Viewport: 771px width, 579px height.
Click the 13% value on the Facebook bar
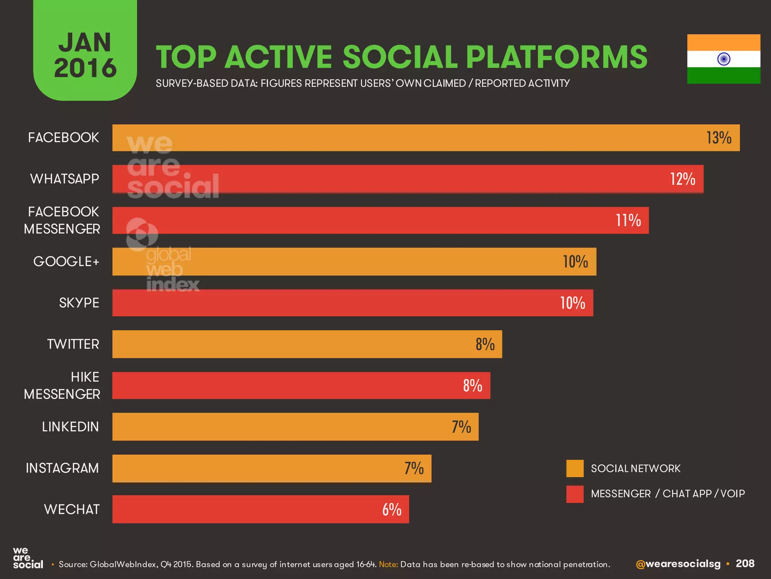pyautogui.click(x=719, y=138)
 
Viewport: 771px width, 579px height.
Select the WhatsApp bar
pyautogui.click(x=407, y=179)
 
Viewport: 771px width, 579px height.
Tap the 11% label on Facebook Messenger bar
pyautogui.click(x=628, y=221)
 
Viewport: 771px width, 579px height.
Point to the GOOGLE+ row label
pyautogui.click(x=66, y=261)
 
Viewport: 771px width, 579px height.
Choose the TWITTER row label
pyautogui.click(x=73, y=344)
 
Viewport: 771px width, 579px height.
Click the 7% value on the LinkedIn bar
pyautogui.click(x=461, y=427)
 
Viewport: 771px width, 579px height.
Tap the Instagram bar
pyautogui.click(x=264, y=468)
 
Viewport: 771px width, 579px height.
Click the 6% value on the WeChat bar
pyautogui.click(x=392, y=510)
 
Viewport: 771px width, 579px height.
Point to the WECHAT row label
pyautogui.click(x=72, y=509)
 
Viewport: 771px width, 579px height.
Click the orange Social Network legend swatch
pyautogui.click(x=575, y=469)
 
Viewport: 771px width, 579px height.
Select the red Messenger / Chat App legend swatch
pyautogui.click(x=575, y=494)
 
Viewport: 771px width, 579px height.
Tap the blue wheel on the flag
pyautogui.click(x=724, y=59)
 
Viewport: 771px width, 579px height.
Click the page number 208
pyautogui.click(x=745, y=564)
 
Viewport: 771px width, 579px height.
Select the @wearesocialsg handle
pyautogui.click(x=678, y=564)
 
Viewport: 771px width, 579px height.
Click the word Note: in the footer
pyautogui.click(x=388, y=564)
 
